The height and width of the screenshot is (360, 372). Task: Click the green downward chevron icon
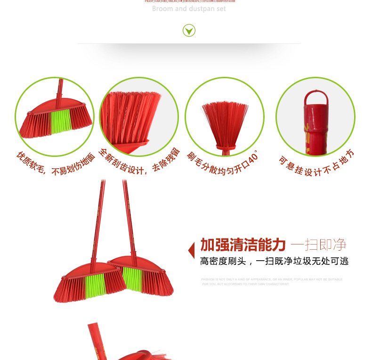tap(189, 31)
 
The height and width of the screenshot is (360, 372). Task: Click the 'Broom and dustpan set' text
tap(189, 9)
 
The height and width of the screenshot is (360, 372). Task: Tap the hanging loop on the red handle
tap(315, 98)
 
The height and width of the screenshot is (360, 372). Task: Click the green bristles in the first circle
tap(61, 121)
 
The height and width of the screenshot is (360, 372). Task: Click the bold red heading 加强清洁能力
tap(243, 245)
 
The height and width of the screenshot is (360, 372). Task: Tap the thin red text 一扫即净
tap(319, 245)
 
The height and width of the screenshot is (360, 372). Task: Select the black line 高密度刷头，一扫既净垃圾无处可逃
tap(274, 261)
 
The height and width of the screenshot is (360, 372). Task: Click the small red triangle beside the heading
tap(191, 250)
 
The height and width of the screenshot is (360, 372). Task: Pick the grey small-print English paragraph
tap(272, 282)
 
